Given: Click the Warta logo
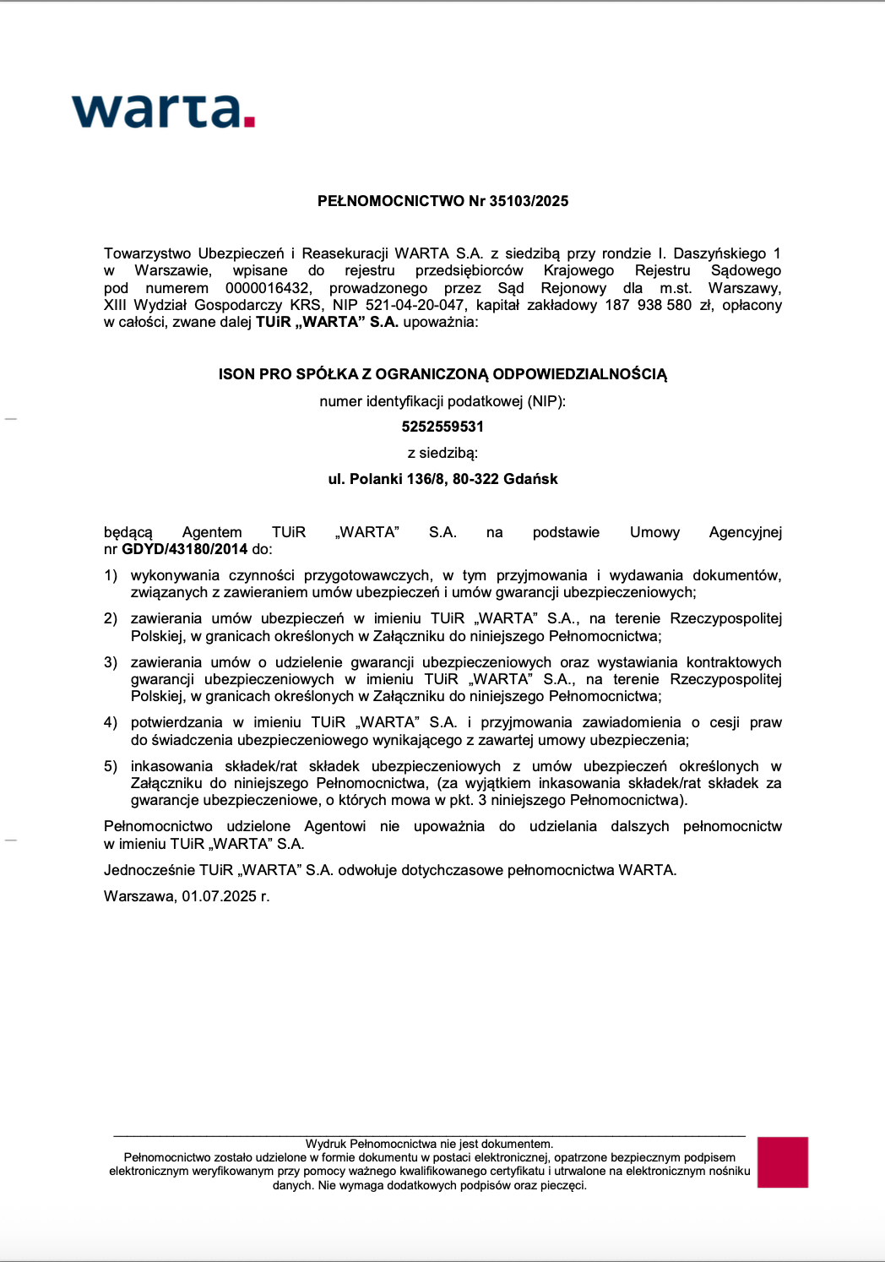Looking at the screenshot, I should tap(163, 111).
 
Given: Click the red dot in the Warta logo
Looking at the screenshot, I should tap(249, 122).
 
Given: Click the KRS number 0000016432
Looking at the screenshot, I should tap(267, 288).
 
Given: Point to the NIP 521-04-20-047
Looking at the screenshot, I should tap(415, 305).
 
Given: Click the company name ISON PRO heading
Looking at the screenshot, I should tap(442, 374).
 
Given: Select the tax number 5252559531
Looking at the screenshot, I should tap(442, 427).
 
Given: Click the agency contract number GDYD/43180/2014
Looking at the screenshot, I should tap(184, 549).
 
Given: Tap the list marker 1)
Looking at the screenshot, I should tap(111, 575).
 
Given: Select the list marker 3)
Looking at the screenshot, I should tap(111, 662).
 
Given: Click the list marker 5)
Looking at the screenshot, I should tap(111, 766).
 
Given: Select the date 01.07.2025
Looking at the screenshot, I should tap(219, 896).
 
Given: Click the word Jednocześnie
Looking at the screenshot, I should tap(149, 870).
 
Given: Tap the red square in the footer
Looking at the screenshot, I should tap(782, 1162).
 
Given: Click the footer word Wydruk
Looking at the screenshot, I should tap(325, 1144).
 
